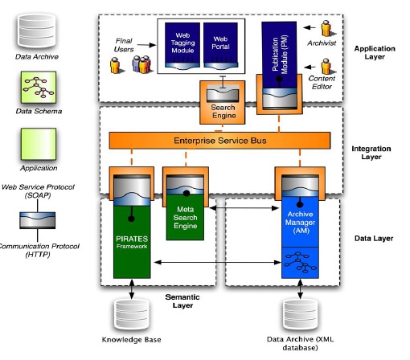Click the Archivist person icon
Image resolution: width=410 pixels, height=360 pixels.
click(x=326, y=28)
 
